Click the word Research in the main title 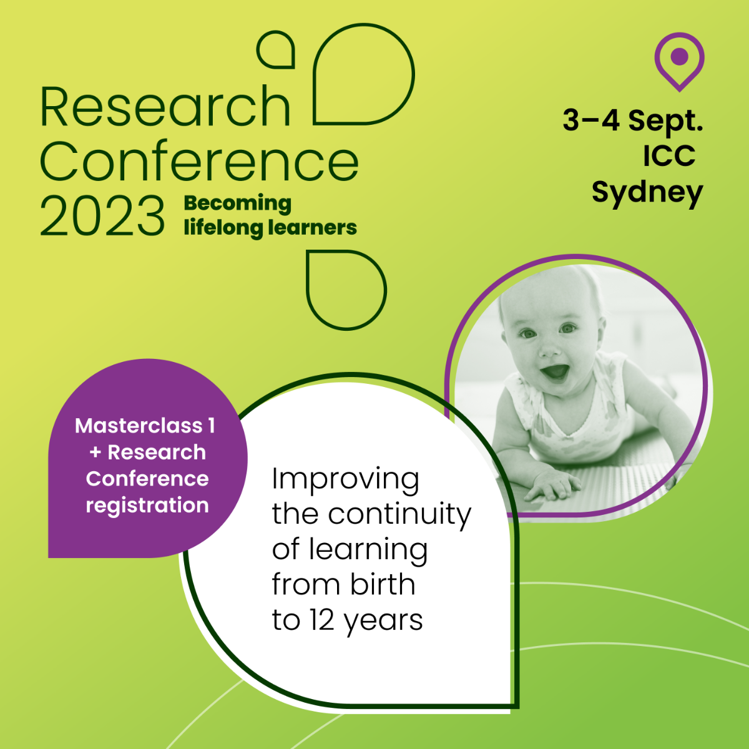(165, 106)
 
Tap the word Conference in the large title (199, 160)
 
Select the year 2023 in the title (102, 216)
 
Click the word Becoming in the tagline (237, 204)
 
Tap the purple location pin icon (680, 61)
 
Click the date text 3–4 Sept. (633, 120)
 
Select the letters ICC (669, 156)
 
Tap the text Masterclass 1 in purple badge (145, 426)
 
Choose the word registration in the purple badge (147, 506)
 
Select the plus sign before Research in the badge (95, 453)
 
